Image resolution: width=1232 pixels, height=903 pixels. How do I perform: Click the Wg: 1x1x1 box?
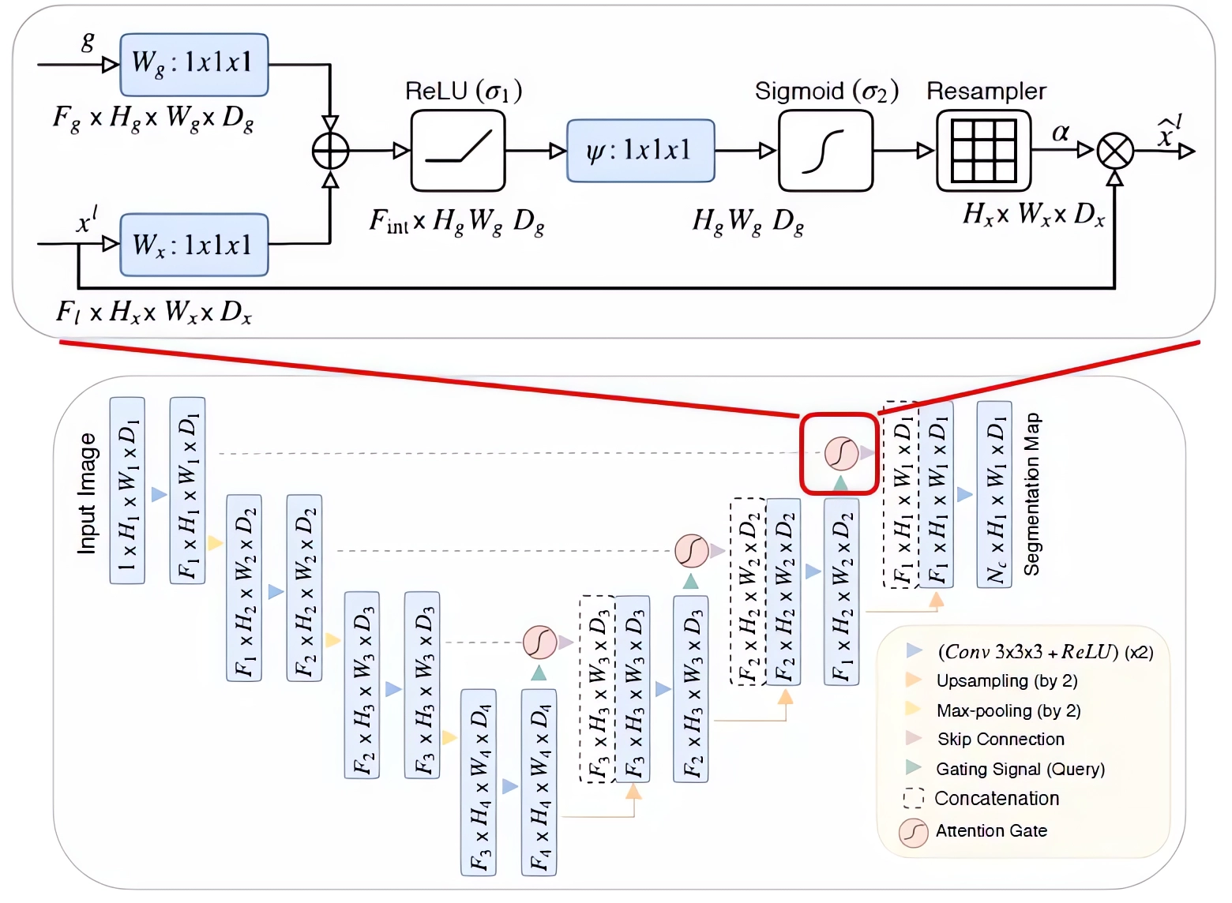(193, 65)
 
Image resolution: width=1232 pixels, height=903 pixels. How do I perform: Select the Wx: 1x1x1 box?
(193, 245)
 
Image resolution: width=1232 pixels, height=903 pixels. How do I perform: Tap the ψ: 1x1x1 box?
(640, 151)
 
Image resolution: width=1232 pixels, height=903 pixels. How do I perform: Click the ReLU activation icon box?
(458, 151)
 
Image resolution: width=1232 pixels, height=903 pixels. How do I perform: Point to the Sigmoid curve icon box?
(825, 151)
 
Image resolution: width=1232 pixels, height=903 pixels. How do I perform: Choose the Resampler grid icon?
(983, 151)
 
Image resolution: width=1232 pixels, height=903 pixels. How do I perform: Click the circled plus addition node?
(330, 151)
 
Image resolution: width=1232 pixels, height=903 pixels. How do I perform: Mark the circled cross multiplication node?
(1115, 151)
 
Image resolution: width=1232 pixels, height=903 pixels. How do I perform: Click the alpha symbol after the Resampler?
(1060, 133)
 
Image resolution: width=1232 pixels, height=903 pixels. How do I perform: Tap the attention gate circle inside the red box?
(841, 453)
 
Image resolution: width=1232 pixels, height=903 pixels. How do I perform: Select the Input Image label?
(87, 493)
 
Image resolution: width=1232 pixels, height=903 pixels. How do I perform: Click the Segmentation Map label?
(1031, 494)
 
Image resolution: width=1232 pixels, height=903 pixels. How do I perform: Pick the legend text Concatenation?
(997, 798)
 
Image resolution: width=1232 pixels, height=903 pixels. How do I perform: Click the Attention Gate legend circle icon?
(913, 832)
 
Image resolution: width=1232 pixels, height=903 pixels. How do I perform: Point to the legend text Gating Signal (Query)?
(1020, 769)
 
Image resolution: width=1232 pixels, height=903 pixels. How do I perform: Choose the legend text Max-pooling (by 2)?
(1008, 710)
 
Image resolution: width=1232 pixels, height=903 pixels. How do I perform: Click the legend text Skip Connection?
(1001, 740)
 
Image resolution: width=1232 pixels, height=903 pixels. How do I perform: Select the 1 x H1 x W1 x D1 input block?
(127, 490)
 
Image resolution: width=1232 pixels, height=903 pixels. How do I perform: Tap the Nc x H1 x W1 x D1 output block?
(994, 494)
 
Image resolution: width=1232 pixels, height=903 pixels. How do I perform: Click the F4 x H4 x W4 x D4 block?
(539, 782)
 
